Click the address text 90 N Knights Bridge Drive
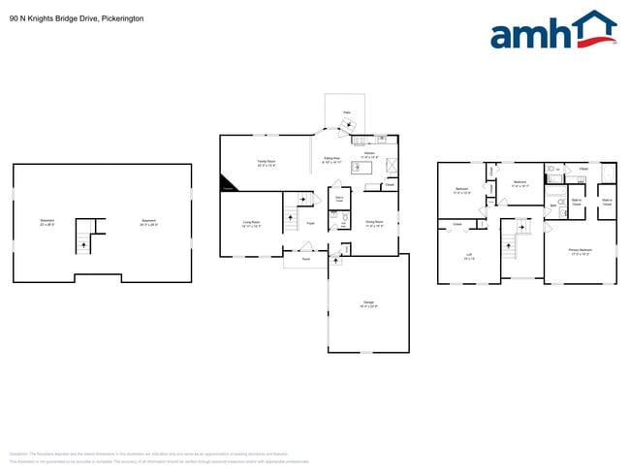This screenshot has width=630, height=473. [x=63, y=17]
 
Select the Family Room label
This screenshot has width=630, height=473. [x=266, y=163]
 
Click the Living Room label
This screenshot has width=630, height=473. [x=252, y=224]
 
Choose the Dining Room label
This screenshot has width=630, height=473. [x=374, y=224]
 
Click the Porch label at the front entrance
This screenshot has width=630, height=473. [x=305, y=259]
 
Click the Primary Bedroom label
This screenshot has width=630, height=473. [x=580, y=251]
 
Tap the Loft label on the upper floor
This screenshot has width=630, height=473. [x=468, y=257]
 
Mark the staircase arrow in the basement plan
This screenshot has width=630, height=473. [x=83, y=245]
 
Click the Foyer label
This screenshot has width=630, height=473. [x=310, y=224]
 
